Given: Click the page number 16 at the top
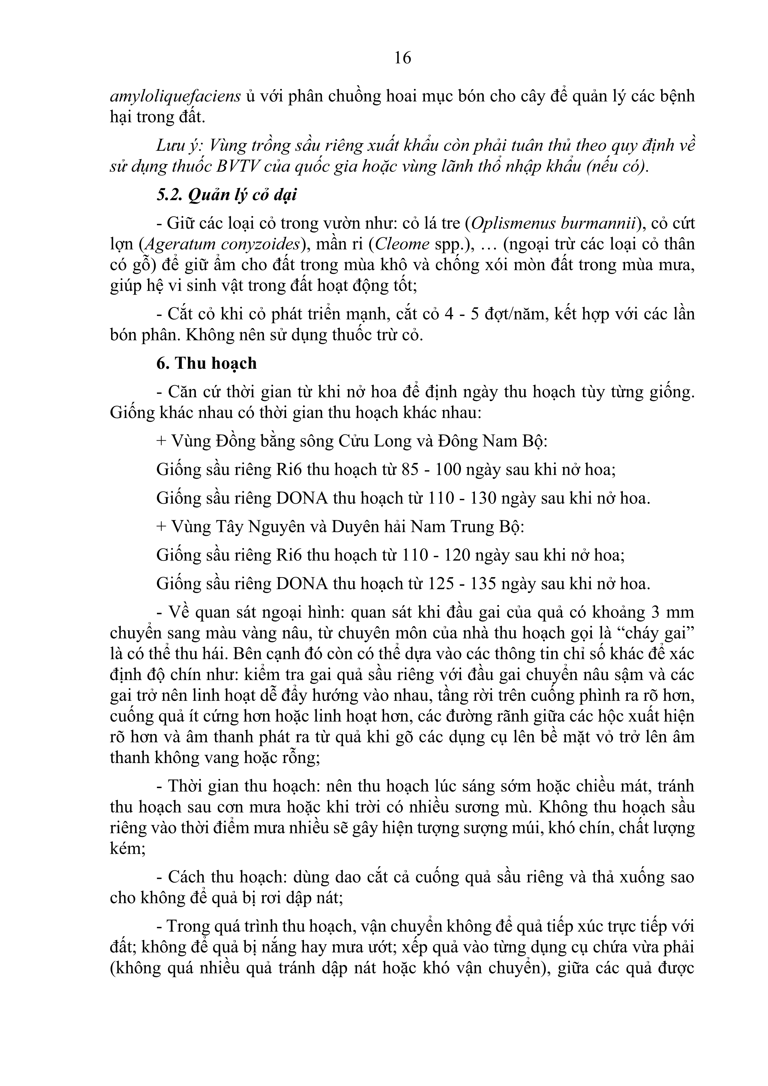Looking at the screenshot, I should click(x=402, y=58).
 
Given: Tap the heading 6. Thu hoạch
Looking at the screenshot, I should click(x=207, y=363).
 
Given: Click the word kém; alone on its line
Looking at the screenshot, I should click(x=128, y=848).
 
